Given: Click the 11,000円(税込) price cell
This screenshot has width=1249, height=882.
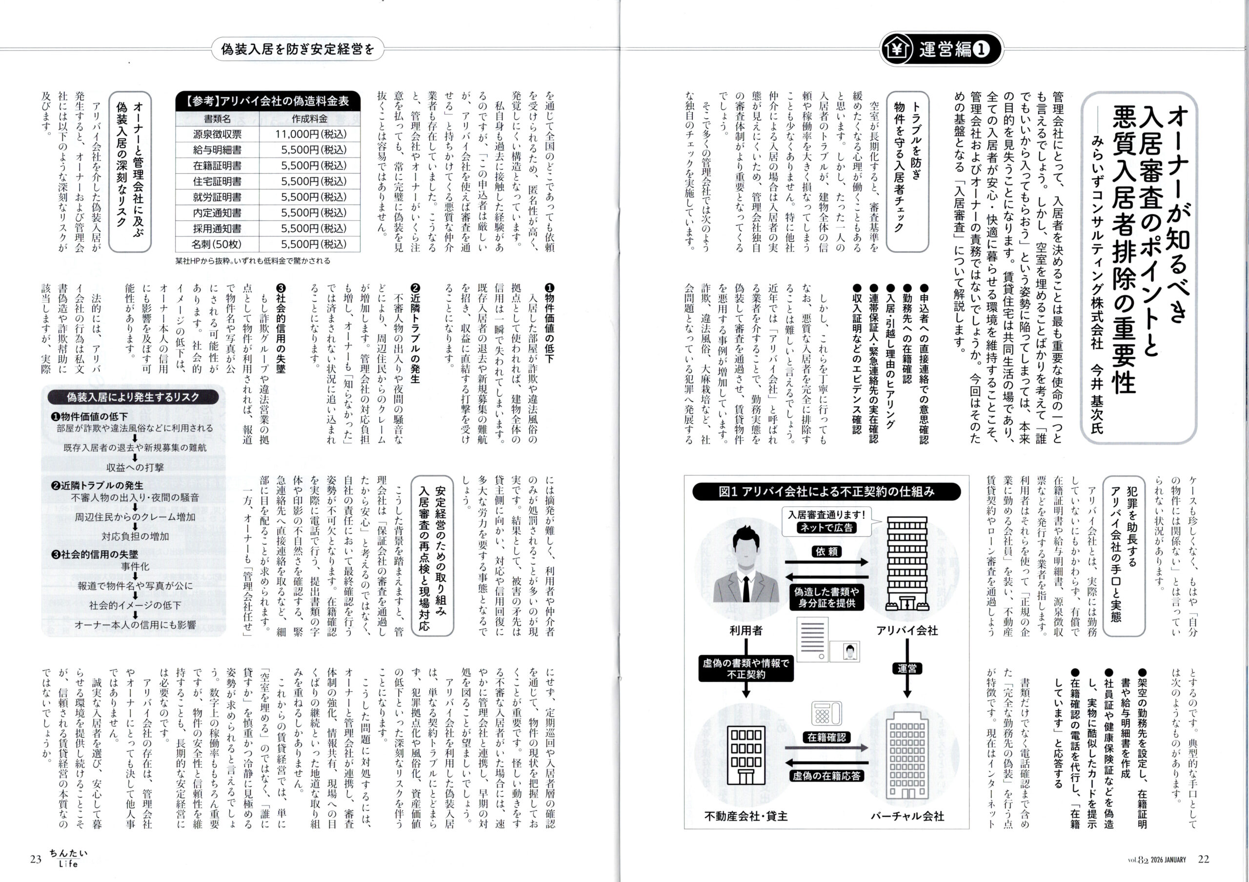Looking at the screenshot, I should click(x=310, y=134).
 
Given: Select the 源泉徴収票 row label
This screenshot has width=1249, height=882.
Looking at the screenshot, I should click(x=217, y=134).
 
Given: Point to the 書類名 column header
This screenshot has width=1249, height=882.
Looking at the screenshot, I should click(x=217, y=119).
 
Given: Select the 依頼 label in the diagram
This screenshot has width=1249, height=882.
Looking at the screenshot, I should click(x=826, y=552).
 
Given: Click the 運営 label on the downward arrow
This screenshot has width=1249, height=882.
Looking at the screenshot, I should click(x=907, y=669).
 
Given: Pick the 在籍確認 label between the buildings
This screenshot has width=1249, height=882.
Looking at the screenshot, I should click(x=826, y=737).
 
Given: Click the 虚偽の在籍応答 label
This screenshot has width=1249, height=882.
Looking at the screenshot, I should click(x=826, y=776).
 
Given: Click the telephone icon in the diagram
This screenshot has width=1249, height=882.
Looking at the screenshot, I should click(x=826, y=712).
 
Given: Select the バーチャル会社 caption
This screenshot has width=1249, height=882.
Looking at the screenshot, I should click(x=907, y=816).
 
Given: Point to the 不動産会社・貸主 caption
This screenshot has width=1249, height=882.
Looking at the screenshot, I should click(x=746, y=816).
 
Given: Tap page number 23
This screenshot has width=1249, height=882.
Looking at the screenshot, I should click(x=36, y=860).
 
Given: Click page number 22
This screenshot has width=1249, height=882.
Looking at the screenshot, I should click(x=1204, y=859).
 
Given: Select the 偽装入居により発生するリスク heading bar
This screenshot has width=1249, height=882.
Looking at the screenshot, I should click(x=133, y=397).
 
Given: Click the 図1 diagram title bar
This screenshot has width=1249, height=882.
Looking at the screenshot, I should click(x=826, y=492).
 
